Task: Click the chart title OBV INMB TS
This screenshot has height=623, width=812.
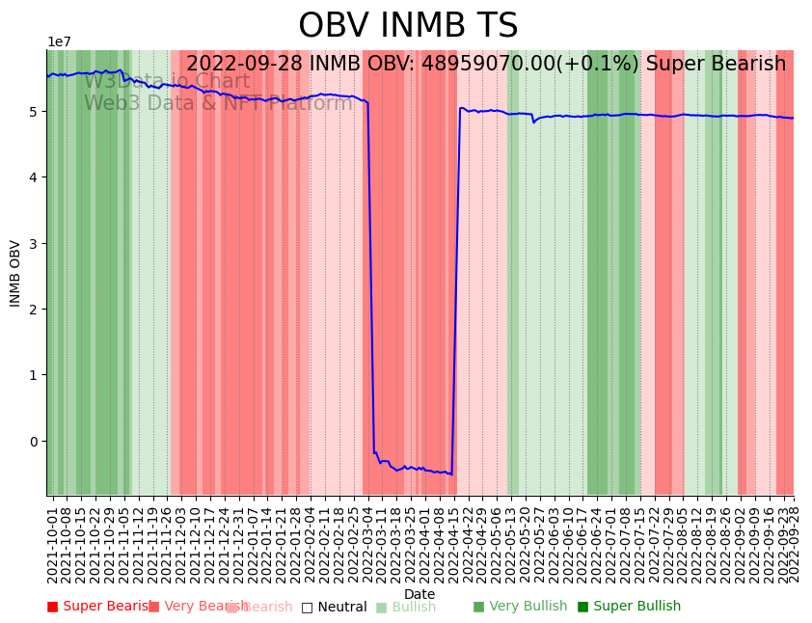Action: click(408, 26)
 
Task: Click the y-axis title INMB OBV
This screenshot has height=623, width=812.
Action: click(15, 273)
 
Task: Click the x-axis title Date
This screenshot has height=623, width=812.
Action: click(420, 594)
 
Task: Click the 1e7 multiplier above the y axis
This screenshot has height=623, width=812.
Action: click(59, 42)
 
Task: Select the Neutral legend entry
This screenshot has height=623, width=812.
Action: click(334, 607)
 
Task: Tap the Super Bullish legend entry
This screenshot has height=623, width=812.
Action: click(629, 607)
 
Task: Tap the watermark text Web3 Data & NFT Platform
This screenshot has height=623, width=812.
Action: click(218, 103)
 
